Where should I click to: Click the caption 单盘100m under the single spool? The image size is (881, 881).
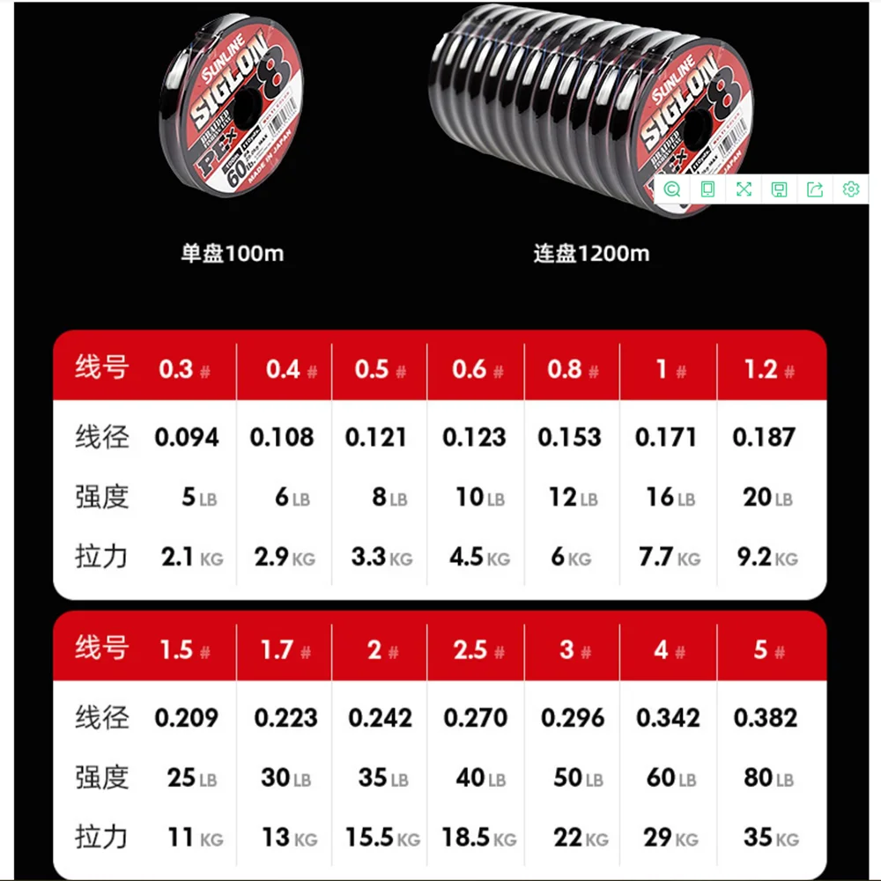[x=233, y=254]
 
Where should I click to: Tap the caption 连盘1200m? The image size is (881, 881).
[x=591, y=254]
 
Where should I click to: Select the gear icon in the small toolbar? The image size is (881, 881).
[x=850, y=189]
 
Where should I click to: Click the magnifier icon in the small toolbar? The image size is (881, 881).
[x=672, y=189]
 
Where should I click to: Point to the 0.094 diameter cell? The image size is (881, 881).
[x=187, y=438]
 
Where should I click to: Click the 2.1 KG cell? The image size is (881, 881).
[x=189, y=557]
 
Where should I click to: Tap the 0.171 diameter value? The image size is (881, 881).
[x=666, y=438]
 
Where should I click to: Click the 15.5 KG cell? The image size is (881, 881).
[x=383, y=837]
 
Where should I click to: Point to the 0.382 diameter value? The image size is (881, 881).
[x=765, y=718]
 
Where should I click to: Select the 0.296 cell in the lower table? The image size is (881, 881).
[x=573, y=718]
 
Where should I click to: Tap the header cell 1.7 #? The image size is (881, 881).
[x=285, y=651]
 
